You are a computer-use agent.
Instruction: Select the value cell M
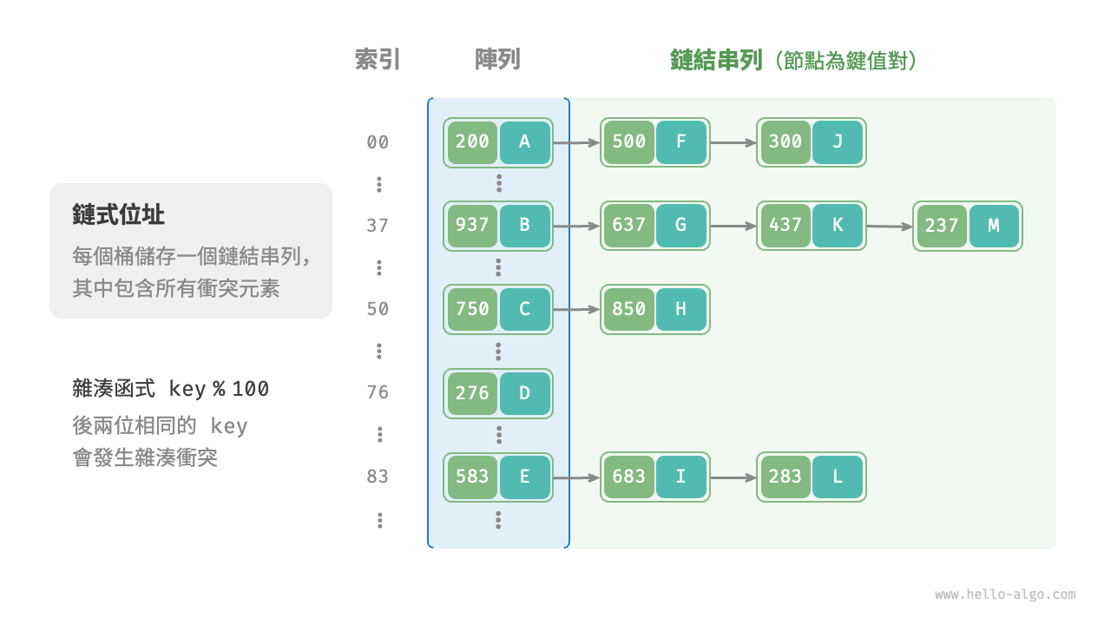point(994,226)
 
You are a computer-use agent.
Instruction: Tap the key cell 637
point(629,226)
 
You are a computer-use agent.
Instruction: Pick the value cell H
point(681,309)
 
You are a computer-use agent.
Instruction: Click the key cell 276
point(472,392)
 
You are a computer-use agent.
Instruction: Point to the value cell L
point(838,477)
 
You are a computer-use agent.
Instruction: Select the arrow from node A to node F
point(576,142)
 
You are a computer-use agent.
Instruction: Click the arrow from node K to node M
point(890,227)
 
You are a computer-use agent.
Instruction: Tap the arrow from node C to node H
point(576,309)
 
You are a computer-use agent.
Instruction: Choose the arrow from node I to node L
point(733,477)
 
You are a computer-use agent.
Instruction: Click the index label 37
point(378,226)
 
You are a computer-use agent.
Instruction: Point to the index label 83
point(378,477)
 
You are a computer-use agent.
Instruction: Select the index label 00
point(378,142)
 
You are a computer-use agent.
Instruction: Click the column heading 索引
point(378,60)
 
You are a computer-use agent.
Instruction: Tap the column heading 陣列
point(497,60)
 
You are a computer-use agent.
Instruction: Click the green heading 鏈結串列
point(716,60)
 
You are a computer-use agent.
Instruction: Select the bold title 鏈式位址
point(119,215)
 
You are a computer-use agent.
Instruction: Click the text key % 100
point(219,389)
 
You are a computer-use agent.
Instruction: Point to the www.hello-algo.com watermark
point(1005,595)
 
